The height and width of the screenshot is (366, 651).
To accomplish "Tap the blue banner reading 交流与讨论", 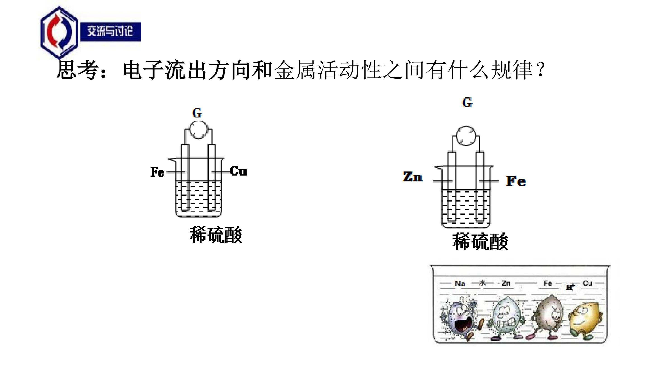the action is (111, 32).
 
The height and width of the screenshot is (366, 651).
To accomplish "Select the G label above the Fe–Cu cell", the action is (197, 113).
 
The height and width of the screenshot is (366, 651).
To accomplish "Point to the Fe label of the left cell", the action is (157, 172).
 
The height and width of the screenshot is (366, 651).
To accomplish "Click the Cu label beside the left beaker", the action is (238, 171).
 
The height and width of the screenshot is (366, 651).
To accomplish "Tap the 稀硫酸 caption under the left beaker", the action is (216, 235).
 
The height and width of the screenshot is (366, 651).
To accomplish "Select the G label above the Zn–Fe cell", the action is (467, 103).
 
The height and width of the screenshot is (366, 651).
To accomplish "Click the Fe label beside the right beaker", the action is (516, 181).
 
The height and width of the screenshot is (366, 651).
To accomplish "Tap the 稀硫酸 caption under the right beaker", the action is (480, 242).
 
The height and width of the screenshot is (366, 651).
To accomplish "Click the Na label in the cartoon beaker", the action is (460, 283).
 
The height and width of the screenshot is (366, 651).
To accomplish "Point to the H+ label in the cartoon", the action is (570, 287).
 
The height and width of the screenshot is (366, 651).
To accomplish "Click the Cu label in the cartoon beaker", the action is (587, 283).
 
